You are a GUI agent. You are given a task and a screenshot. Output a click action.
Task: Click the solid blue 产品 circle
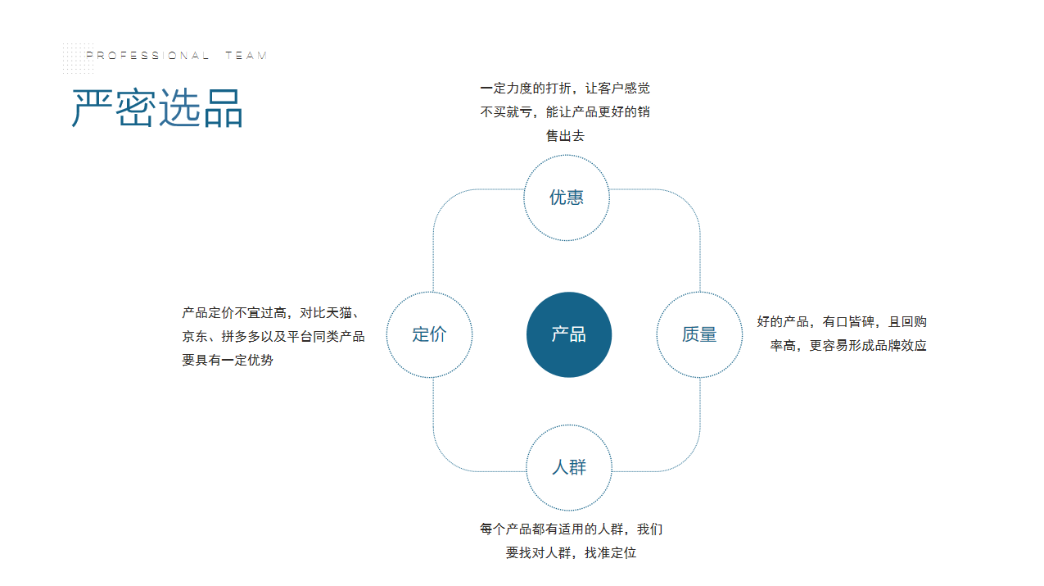click(568, 334)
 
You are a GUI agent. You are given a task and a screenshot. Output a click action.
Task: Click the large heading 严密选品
click(157, 108)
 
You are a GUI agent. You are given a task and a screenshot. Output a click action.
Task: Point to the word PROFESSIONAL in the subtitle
click(147, 56)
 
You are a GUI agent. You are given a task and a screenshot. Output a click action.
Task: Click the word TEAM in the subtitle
click(246, 56)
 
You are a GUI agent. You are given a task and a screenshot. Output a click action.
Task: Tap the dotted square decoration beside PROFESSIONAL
click(79, 58)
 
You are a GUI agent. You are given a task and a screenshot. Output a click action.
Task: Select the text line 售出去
click(565, 136)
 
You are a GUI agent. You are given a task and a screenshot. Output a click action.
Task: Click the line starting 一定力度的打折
click(565, 89)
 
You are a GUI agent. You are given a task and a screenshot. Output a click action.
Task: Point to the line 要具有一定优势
click(228, 360)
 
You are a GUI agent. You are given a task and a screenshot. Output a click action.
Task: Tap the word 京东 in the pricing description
click(195, 336)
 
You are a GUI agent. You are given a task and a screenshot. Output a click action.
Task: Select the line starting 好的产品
click(842, 321)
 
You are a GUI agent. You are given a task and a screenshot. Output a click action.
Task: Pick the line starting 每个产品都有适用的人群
click(572, 529)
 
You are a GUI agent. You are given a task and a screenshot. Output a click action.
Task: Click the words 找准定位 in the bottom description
click(611, 553)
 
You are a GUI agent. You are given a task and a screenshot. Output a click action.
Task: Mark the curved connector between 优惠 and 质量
click(686, 203)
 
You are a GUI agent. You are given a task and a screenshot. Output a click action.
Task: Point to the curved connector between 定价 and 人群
click(447, 457)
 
